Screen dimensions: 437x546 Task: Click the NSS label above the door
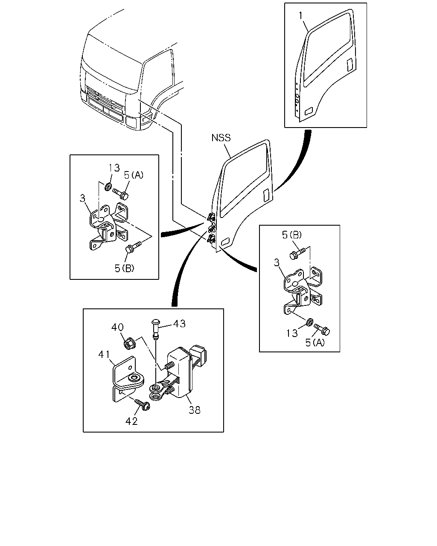[221, 138]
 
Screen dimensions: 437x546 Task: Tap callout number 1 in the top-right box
[301, 16]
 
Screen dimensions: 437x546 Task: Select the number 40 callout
[117, 327]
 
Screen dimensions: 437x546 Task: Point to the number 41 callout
[104, 354]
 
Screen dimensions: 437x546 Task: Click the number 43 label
[180, 324]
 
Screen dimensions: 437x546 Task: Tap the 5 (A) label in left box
[134, 175]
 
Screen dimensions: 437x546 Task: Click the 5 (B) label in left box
[125, 268]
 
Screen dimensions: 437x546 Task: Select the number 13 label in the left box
[114, 168]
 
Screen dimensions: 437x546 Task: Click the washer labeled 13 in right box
[309, 322]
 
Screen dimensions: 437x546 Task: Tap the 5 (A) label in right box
[315, 343]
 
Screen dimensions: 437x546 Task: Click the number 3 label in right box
[277, 262]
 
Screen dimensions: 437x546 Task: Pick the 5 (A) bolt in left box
[120, 194]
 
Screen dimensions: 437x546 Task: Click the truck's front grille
[105, 98]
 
